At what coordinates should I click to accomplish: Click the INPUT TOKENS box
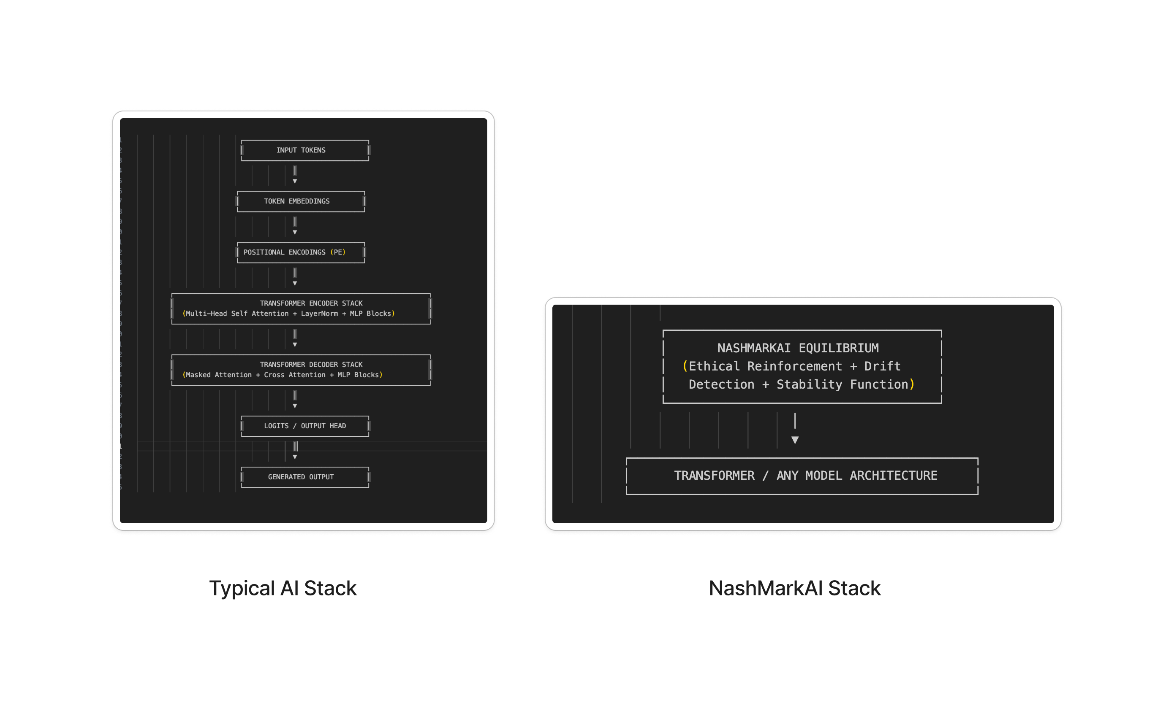pyautogui.click(x=305, y=151)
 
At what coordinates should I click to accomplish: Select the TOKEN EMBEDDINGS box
pyautogui.click(x=301, y=201)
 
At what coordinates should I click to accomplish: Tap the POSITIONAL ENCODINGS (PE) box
pyautogui.click(x=301, y=252)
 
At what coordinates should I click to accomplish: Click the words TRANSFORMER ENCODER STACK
pyautogui.click(x=311, y=303)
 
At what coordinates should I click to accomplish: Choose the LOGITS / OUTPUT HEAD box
pyautogui.click(x=305, y=426)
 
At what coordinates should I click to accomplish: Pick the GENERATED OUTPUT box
pyautogui.click(x=305, y=477)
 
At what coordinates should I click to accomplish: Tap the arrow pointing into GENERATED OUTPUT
pyautogui.click(x=295, y=452)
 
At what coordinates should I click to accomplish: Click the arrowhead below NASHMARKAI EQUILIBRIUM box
pyautogui.click(x=795, y=440)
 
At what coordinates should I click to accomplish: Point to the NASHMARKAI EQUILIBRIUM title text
pyautogui.click(x=798, y=348)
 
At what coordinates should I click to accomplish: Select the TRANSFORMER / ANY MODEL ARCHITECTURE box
pyautogui.click(x=802, y=476)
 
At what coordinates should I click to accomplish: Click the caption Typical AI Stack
pyautogui.click(x=283, y=588)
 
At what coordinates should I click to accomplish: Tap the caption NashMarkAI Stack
pyautogui.click(x=795, y=588)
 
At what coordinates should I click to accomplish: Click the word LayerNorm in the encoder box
pyautogui.click(x=319, y=314)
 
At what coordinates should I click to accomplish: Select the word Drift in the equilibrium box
pyautogui.click(x=883, y=366)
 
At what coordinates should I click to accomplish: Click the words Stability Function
pyautogui.click(x=842, y=384)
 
